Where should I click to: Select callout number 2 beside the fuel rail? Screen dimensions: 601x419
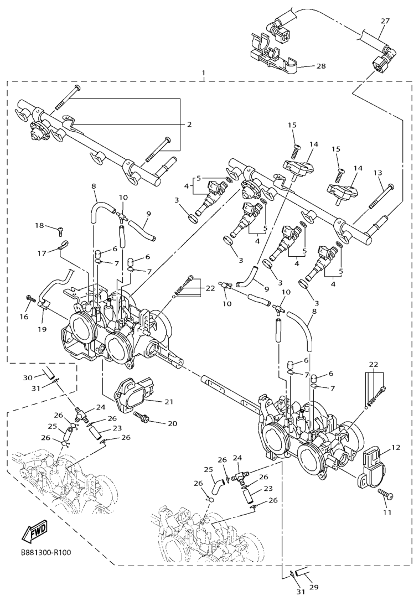point(189,125)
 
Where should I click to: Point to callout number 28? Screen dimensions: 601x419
point(320,66)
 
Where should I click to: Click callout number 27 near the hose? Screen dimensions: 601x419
point(385,21)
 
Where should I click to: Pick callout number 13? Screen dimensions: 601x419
point(378,173)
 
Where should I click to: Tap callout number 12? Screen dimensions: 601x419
point(395,447)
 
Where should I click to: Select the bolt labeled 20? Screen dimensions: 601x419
point(143,418)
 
